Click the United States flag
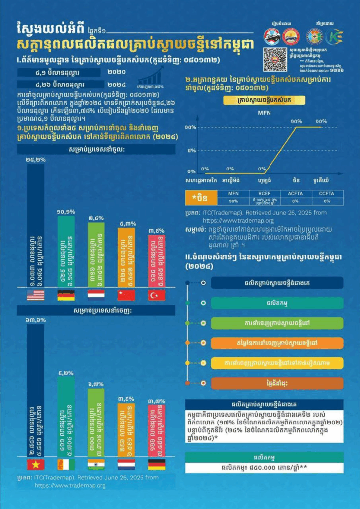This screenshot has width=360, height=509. click(x=36, y=295)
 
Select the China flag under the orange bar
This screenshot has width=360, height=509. click(x=126, y=295)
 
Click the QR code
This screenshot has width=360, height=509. click(x=275, y=59)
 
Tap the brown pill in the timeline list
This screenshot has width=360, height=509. click(x=277, y=383)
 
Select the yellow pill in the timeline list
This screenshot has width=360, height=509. click(x=277, y=363)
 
